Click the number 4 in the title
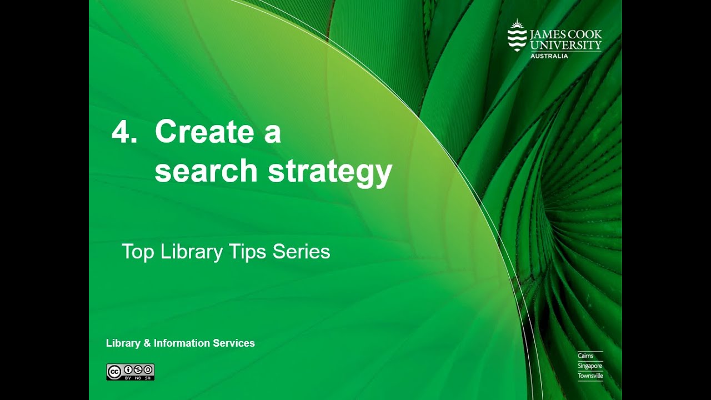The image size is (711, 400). tap(121, 133)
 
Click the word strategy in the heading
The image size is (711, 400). tap(330, 172)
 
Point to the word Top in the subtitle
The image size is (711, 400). tap(137, 252)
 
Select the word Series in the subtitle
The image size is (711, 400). tap(301, 252)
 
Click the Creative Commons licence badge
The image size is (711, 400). tap(130, 372)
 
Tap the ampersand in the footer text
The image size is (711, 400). tap(147, 343)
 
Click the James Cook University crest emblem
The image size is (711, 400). tap(517, 36)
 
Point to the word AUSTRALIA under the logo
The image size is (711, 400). tap(549, 56)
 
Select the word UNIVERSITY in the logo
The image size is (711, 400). tap(565, 46)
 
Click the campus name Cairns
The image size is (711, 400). tap(585, 356)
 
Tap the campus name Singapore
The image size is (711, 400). tap(589, 366)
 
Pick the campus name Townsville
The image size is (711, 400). tap(590, 376)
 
